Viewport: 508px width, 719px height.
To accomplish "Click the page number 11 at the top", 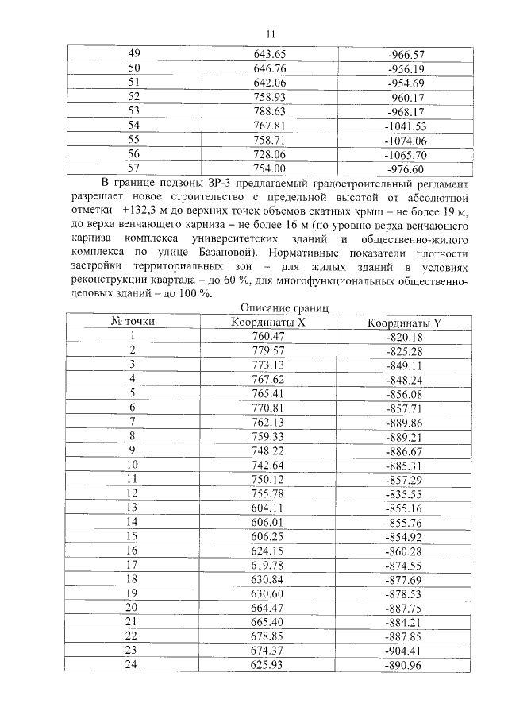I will [x=271, y=34].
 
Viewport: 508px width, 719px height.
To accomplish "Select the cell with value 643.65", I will [x=269, y=54].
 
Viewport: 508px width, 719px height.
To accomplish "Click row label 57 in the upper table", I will [x=133, y=168].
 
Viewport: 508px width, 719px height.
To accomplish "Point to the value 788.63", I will [x=269, y=111].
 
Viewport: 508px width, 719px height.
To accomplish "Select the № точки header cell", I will [x=133, y=322].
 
